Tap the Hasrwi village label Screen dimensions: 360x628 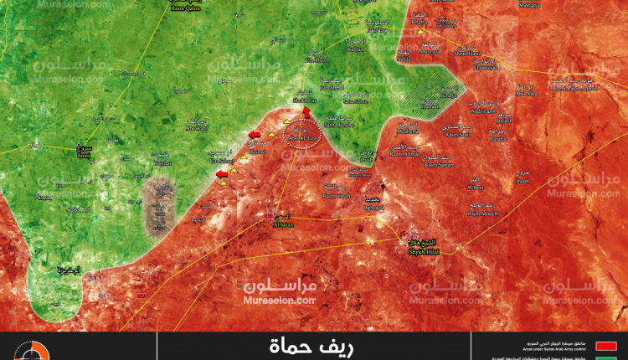coord(258,152)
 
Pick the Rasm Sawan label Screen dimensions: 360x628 coord(440,165)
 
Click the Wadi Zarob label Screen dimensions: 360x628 coord(485,111)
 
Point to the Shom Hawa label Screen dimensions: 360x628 coord(468,52)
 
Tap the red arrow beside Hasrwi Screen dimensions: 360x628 coord(254,134)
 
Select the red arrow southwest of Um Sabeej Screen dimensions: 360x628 coord(222,174)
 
